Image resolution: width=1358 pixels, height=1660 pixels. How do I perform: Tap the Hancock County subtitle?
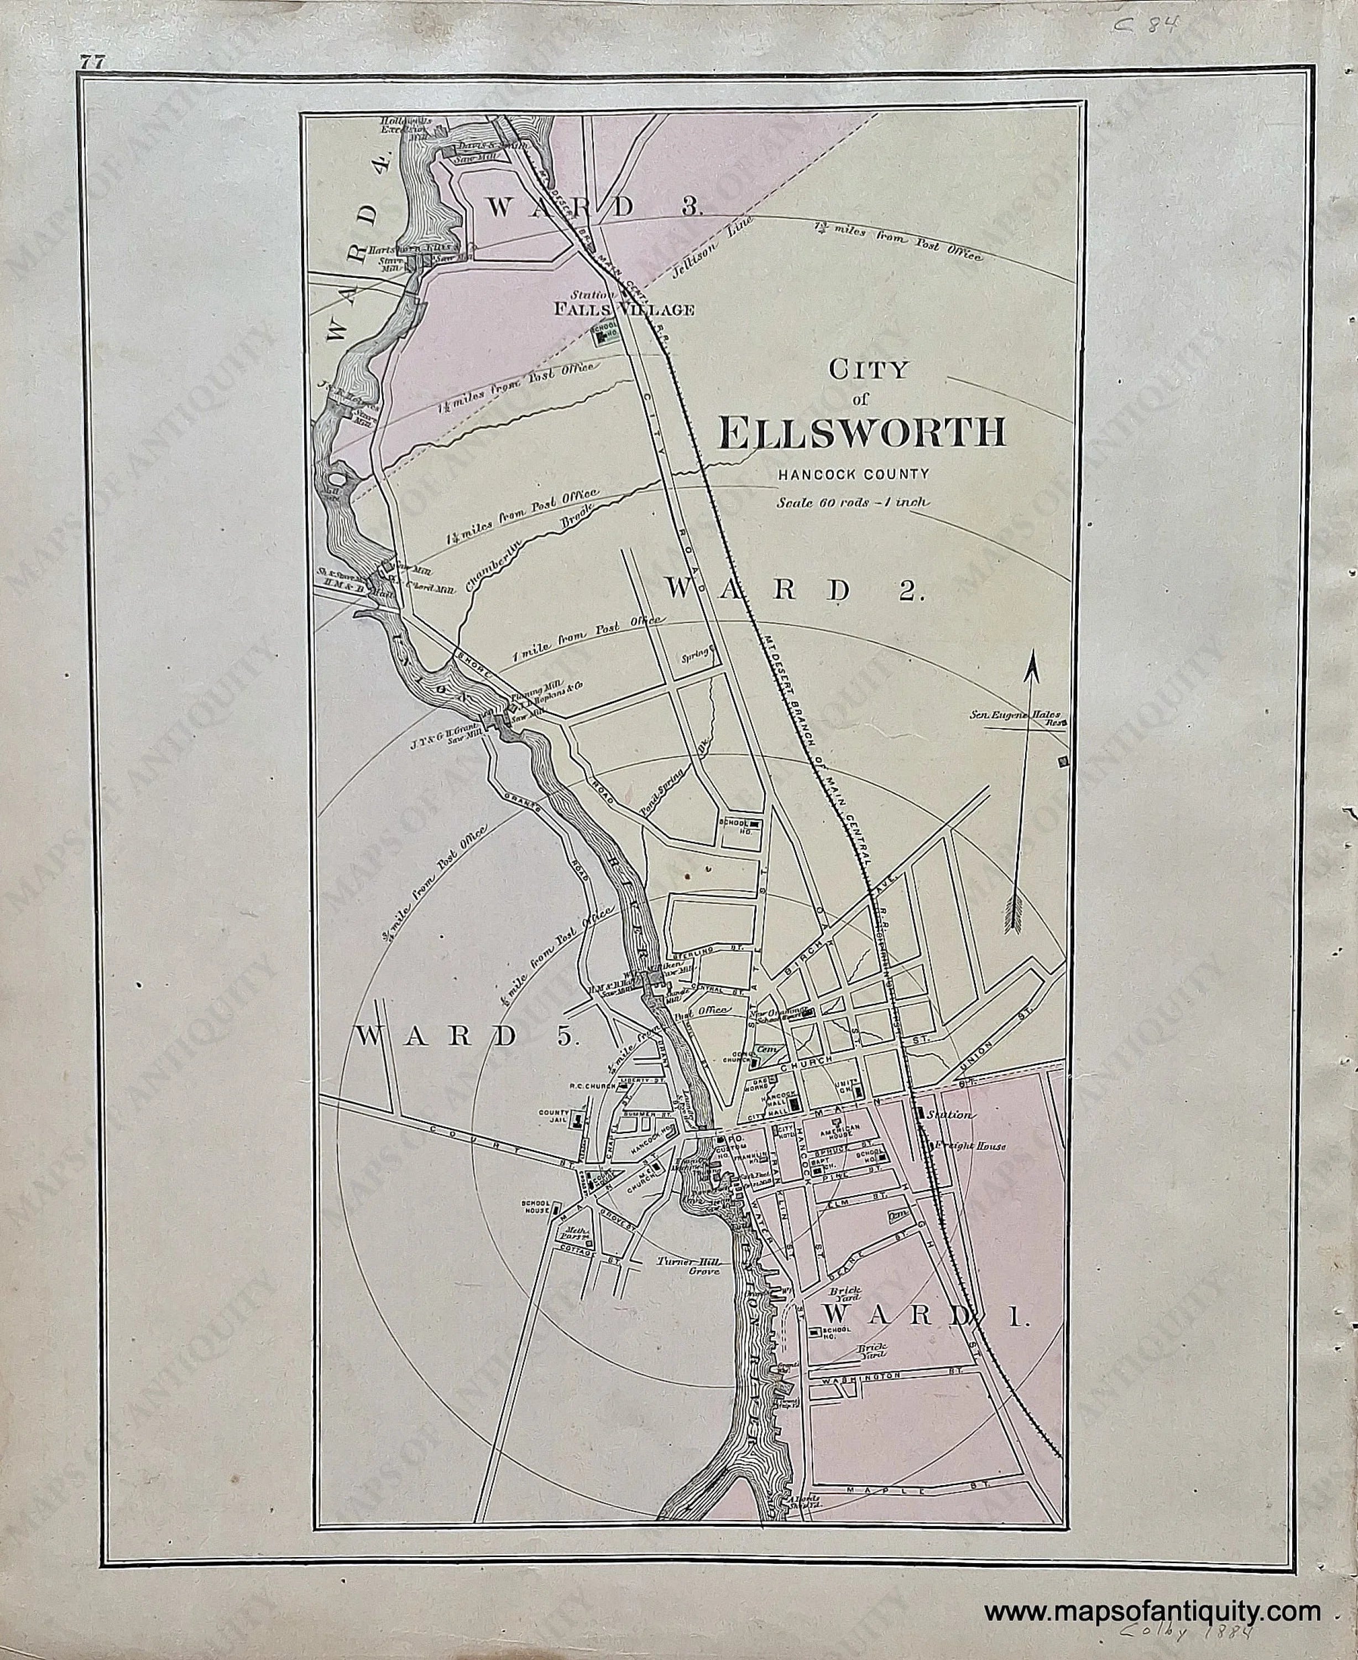tap(853, 474)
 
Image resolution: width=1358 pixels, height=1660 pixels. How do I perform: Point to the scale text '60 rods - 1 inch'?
tap(853, 502)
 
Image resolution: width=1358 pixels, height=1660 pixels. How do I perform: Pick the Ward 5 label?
tap(468, 1036)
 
